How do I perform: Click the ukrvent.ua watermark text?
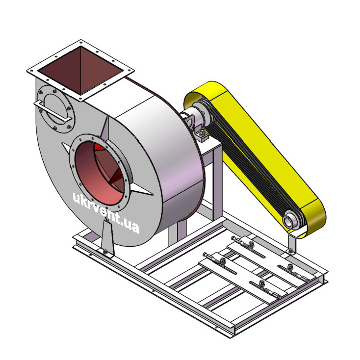click(106, 212)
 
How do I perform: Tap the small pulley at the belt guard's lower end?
click(292, 220)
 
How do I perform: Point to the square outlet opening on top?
click(80, 71)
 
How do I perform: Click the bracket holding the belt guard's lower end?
click(292, 244)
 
